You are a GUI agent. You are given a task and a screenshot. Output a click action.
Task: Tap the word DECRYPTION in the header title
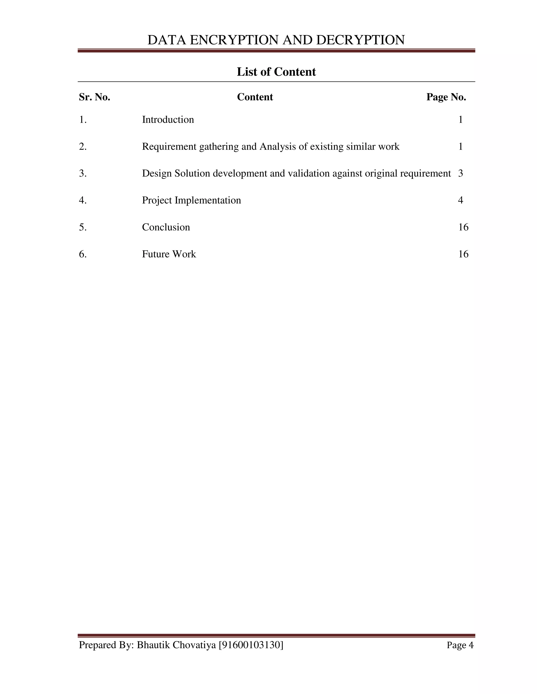[x=361, y=40]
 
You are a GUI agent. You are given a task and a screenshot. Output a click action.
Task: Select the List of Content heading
[x=276, y=72]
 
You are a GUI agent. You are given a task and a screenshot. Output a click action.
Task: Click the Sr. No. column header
[x=94, y=97]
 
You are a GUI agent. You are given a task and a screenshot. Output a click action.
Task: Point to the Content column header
[x=255, y=97]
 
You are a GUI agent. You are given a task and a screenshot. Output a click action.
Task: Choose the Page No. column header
[x=446, y=97]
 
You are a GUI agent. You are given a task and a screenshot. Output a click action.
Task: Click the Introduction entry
[x=168, y=119]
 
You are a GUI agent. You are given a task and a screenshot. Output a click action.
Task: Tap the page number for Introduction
[x=460, y=119]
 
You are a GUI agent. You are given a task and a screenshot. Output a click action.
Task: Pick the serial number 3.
[x=83, y=173]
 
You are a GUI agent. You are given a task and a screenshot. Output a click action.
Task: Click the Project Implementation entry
[x=191, y=200]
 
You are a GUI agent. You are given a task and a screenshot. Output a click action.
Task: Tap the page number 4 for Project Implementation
[x=460, y=200]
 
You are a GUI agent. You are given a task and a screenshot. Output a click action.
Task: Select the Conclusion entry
[x=166, y=227]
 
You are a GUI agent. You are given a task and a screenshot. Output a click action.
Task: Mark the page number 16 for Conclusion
[x=463, y=227]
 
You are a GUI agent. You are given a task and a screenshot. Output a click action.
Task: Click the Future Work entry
[x=169, y=254]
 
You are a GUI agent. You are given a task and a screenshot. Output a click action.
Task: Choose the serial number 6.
[x=83, y=254]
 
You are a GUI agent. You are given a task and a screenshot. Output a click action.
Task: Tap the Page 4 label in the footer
[x=460, y=645]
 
